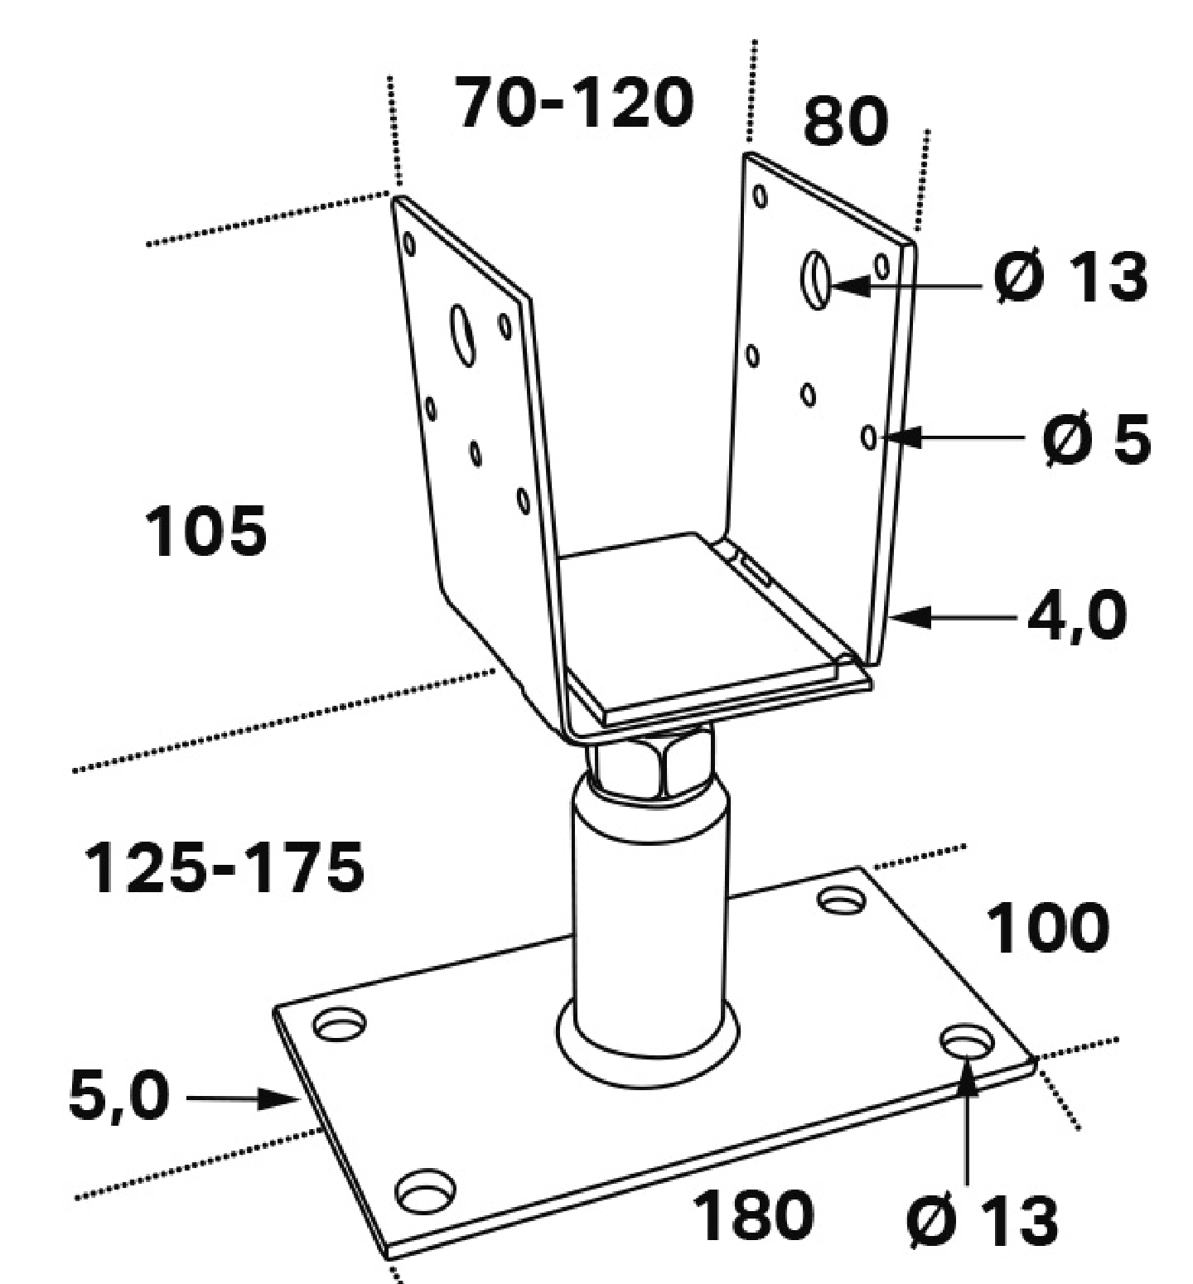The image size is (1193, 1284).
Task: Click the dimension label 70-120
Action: pyautogui.click(x=575, y=104)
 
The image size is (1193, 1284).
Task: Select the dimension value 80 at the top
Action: pyautogui.click(x=845, y=122)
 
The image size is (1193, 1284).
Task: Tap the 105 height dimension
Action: pyautogui.click(x=205, y=531)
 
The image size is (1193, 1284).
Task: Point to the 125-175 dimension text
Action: pyautogui.click(x=224, y=868)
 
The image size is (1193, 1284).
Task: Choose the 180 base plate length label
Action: pyautogui.click(x=753, y=1216)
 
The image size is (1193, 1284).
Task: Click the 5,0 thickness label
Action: pyautogui.click(x=118, y=1098)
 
